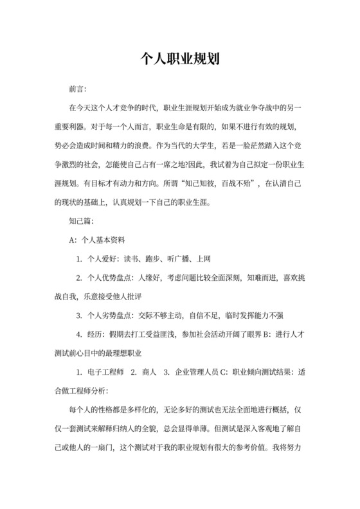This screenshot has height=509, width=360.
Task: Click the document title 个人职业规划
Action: [180, 60]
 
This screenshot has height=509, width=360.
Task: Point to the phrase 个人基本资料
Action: [104, 240]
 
